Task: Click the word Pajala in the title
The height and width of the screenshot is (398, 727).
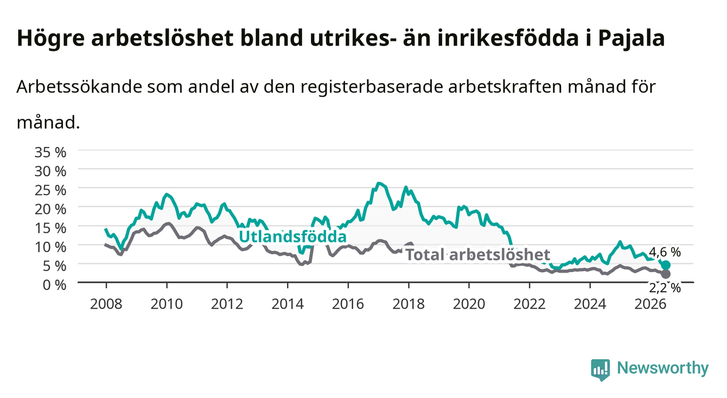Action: [632, 38]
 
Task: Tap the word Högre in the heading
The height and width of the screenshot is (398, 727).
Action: [51, 39]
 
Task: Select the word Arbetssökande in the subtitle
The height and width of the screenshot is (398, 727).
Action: [79, 87]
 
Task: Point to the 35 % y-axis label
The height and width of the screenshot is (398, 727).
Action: [50, 152]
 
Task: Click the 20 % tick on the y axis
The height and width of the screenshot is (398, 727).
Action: [50, 209]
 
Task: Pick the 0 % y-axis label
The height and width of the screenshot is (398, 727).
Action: [54, 285]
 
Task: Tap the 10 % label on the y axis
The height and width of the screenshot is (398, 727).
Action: [50, 247]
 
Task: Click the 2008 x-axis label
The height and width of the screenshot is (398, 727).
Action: [106, 304]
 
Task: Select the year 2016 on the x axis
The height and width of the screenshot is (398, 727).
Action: [348, 304]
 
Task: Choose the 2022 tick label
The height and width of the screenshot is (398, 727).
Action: [530, 304]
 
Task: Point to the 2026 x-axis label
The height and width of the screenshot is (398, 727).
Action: [651, 304]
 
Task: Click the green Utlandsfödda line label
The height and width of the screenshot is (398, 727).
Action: [293, 237]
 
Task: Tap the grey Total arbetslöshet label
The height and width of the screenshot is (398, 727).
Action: [478, 255]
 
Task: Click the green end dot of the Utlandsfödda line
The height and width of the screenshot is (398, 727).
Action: [666, 265]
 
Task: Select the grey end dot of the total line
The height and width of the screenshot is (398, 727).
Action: [666, 274]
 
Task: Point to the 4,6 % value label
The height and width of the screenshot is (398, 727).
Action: [665, 252]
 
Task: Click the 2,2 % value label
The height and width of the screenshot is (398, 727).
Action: [665, 288]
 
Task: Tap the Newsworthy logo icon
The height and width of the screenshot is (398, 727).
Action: [601, 370]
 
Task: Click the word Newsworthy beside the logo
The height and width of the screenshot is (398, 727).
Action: [663, 368]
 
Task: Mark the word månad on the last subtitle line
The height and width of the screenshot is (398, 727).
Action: [48, 123]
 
